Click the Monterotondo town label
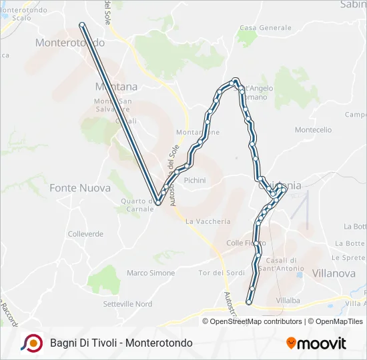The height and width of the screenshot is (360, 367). coord(69,42)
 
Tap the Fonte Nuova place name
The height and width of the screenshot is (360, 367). coord(80,188)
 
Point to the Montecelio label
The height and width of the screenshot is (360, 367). coord(313,130)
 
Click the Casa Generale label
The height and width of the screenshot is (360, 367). coord(266,28)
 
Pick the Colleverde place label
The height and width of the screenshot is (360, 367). coord(85,234)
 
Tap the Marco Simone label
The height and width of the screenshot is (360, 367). coord(151,273)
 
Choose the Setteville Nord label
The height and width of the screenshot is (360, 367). coord(127,304)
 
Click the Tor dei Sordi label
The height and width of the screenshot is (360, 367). coord(222,273)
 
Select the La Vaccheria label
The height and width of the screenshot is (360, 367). coord(208,221)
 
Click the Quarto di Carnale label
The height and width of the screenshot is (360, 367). coord(138,205)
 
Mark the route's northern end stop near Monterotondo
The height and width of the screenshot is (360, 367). coord(81,25)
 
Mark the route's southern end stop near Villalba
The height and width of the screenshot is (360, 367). coord(249,302)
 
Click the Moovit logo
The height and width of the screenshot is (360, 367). coord(316,343)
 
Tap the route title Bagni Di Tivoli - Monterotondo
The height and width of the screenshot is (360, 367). coord(121,343)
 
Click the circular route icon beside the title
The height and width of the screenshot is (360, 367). coord(31,343)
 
